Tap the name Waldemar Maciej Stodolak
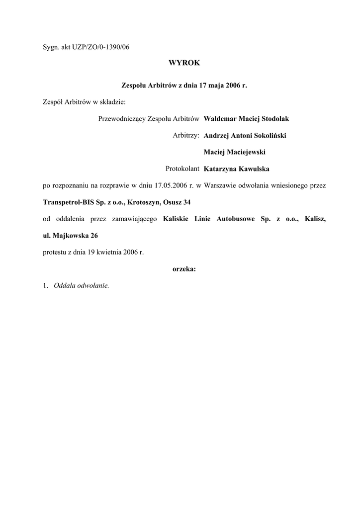246,119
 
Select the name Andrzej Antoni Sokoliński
245,135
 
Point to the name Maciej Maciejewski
231,152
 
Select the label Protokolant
182,169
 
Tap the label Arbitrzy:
186,135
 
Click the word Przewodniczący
119,119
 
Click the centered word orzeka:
184,269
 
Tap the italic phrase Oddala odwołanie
81,286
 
